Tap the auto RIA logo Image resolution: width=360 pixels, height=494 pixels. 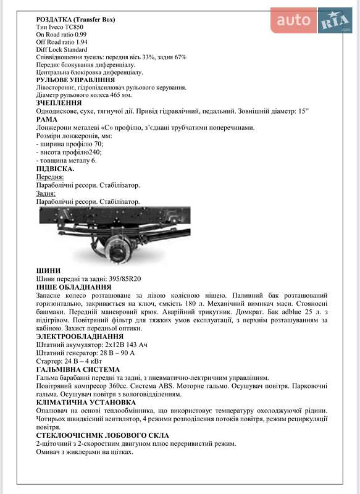[312, 21]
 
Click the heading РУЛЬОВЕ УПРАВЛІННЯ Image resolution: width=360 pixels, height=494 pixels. [75, 80]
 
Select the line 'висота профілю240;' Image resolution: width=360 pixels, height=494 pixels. [70, 152]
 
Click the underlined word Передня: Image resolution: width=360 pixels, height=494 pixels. [50, 177]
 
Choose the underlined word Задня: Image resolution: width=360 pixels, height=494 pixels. [46, 193]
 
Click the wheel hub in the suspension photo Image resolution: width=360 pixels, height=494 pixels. [117, 248]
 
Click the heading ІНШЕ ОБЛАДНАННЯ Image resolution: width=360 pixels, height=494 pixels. [74, 287]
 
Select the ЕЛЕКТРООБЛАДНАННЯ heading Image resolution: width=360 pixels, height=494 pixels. [80, 336]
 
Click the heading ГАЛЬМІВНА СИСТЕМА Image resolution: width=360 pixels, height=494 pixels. [79, 369]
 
